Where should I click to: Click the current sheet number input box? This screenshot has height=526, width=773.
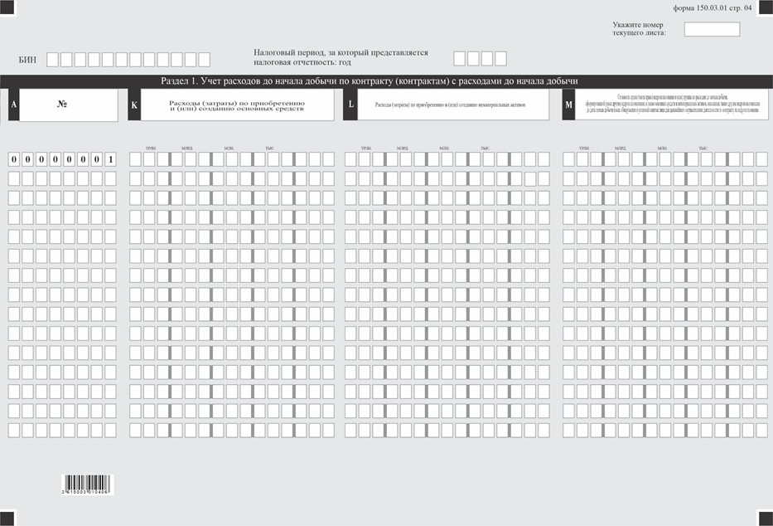[x=712, y=30]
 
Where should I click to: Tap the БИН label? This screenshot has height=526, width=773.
[x=27, y=60]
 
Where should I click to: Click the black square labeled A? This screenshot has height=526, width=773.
[x=13, y=105]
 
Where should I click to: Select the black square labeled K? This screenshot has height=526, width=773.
[x=133, y=105]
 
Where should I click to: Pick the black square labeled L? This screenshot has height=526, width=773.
[x=350, y=105]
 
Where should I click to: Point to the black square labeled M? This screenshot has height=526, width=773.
[x=568, y=105]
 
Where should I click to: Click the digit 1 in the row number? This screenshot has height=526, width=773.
[x=110, y=158]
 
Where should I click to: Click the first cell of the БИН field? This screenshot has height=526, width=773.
[x=53, y=60]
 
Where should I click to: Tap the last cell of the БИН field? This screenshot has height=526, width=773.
[x=204, y=60]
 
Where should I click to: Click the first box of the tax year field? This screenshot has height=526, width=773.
[x=460, y=59]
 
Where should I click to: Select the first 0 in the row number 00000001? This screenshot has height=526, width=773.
[x=14, y=158]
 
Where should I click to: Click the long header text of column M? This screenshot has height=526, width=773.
[x=672, y=105]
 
